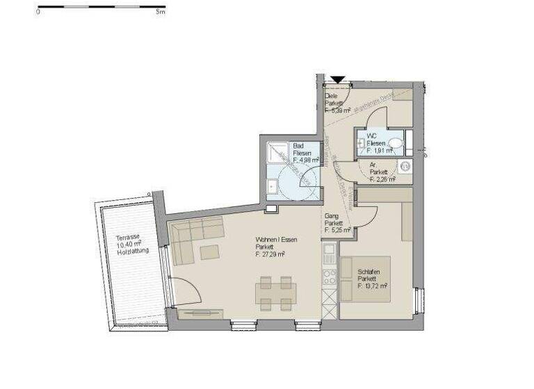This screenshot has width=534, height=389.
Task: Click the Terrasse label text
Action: point(127,237)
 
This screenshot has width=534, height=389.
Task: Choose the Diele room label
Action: point(332,97)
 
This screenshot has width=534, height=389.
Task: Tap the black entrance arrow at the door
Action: point(337,80)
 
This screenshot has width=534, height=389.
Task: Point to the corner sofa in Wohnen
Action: point(195,236)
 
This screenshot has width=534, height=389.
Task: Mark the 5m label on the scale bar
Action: point(161,13)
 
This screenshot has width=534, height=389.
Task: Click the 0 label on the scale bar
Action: point(39,13)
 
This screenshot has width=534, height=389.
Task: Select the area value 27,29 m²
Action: point(270,254)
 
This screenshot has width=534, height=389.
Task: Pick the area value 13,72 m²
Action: point(372,285)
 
